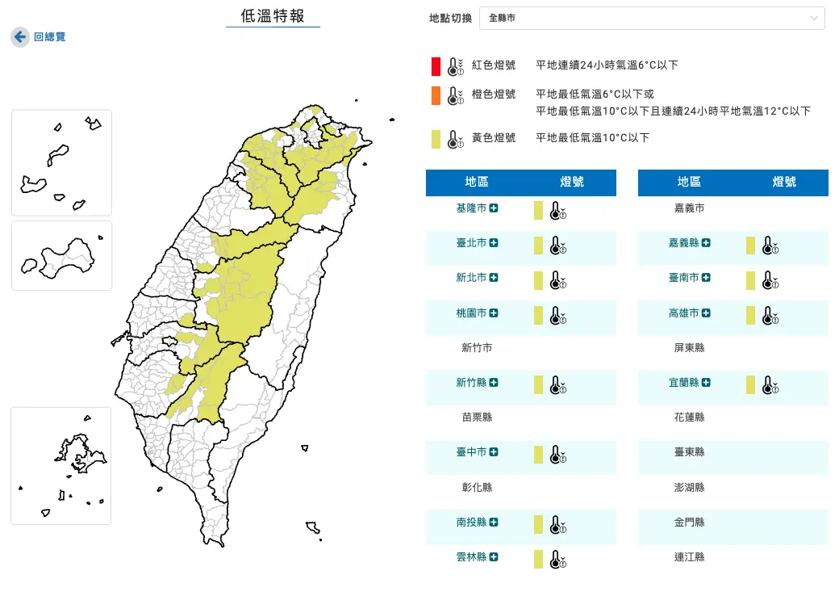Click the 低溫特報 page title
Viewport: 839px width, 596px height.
point(273,16)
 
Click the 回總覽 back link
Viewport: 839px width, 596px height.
point(49,37)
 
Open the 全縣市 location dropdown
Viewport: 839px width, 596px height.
point(652,18)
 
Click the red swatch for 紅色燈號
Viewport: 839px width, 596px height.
point(436,65)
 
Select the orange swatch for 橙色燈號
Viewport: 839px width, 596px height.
point(436,95)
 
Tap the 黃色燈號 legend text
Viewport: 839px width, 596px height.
point(494,138)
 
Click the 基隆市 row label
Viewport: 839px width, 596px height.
point(471,208)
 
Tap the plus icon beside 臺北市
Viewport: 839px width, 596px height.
point(494,243)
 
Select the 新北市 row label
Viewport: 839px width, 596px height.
point(471,278)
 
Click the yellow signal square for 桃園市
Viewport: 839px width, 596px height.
point(538,314)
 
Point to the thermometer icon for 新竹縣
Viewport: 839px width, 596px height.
point(557,384)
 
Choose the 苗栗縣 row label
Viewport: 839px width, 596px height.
point(477,418)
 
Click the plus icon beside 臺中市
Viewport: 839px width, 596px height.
point(494,452)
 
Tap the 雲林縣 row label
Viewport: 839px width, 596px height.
point(471,557)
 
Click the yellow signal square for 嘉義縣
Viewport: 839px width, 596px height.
point(750,245)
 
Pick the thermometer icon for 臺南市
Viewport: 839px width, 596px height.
point(769,280)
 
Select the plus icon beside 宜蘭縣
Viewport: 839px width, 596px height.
point(706,383)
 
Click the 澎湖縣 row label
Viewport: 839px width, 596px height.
point(689,488)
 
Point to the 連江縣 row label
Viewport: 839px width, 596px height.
point(689,557)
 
